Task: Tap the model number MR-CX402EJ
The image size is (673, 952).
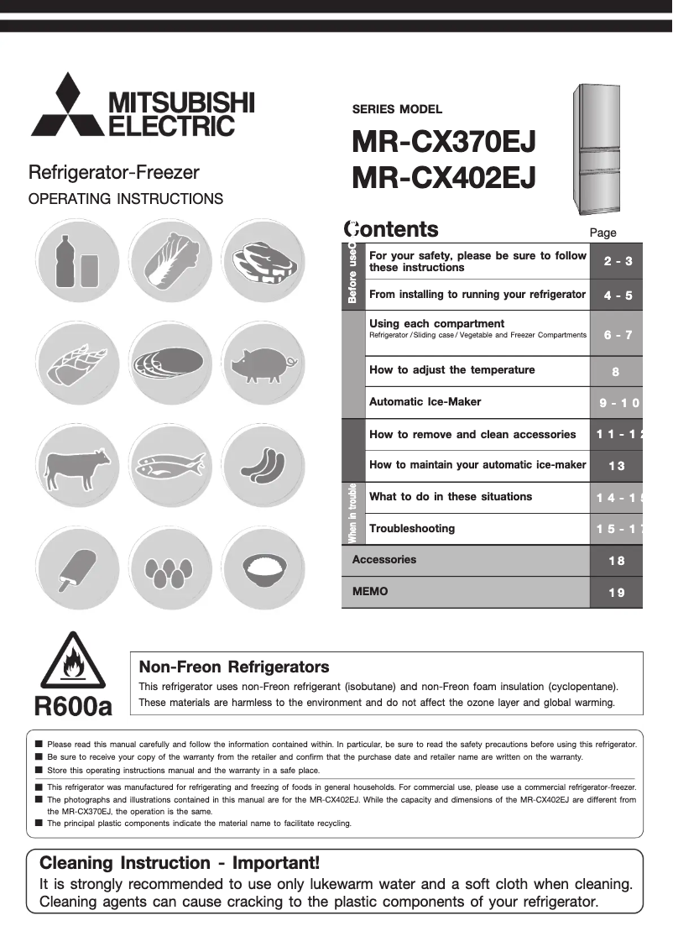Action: [445, 178]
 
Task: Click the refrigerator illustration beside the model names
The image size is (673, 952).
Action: [598, 149]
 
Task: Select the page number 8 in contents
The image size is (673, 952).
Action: [616, 370]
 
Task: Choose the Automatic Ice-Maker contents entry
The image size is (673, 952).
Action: [425, 402]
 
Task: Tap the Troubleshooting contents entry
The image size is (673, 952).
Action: [412, 529]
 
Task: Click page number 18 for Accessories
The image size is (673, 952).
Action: [616, 561]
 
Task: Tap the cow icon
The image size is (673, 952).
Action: [76, 467]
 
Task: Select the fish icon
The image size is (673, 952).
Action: [171, 467]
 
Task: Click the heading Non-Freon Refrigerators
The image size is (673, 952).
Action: [233, 667]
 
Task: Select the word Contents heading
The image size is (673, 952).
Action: [391, 229]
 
